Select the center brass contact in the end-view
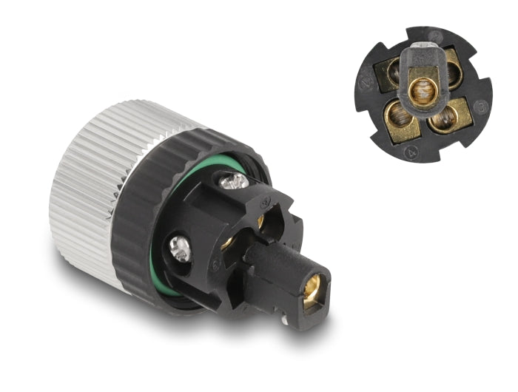click(421, 95)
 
